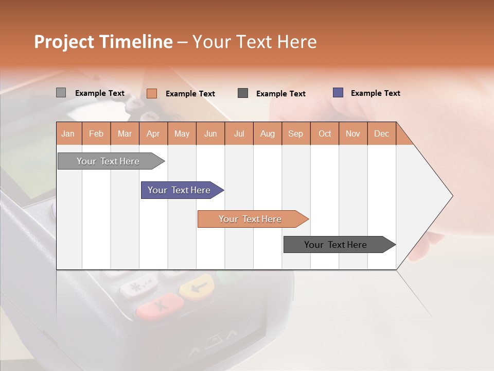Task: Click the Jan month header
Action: point(68,133)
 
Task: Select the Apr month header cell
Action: point(153,133)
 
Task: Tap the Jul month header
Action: point(239,133)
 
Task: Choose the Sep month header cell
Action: point(295,133)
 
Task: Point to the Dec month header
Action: point(381,133)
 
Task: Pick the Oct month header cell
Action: point(325,133)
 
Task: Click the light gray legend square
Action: point(61,93)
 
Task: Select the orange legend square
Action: point(152,93)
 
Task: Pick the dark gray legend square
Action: point(243,93)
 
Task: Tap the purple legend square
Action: point(338,93)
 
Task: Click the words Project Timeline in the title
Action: point(103,42)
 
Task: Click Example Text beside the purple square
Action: point(375,93)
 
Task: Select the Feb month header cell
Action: point(96,133)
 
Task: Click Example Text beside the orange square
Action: point(190,94)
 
